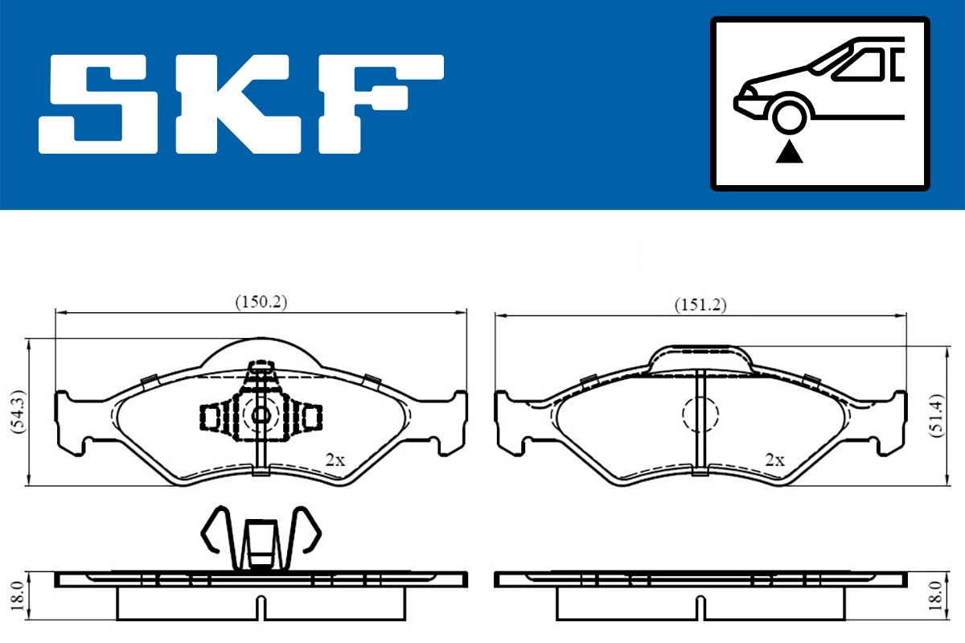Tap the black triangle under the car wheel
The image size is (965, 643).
click(x=790, y=150)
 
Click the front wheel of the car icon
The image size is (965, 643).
click(x=790, y=115)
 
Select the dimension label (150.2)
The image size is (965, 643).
click(x=261, y=303)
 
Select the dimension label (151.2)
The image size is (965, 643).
click(x=700, y=304)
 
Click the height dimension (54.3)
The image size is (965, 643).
click(x=17, y=413)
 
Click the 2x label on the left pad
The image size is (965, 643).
click(x=335, y=460)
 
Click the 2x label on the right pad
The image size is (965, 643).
click(x=774, y=460)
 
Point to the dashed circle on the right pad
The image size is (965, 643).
click(x=700, y=414)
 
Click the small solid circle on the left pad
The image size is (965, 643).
click(x=261, y=415)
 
